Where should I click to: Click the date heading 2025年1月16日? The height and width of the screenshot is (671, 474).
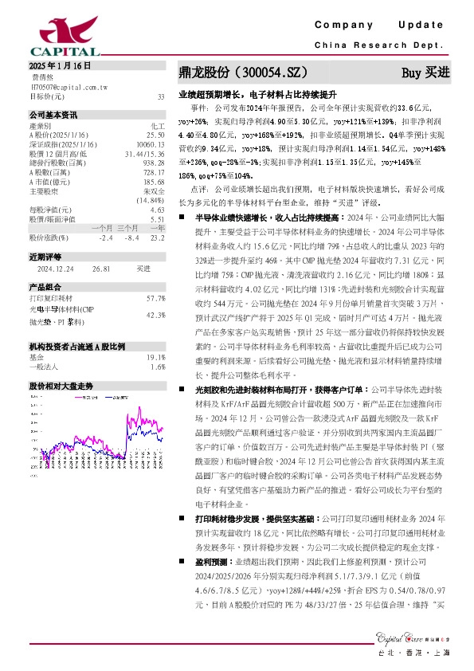(60, 66)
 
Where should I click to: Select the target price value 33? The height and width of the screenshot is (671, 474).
(161, 96)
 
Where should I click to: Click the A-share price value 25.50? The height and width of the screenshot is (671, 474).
(156, 135)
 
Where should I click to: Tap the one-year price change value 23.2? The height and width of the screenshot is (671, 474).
(157, 237)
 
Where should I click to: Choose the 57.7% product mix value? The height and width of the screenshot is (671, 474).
(155, 298)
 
